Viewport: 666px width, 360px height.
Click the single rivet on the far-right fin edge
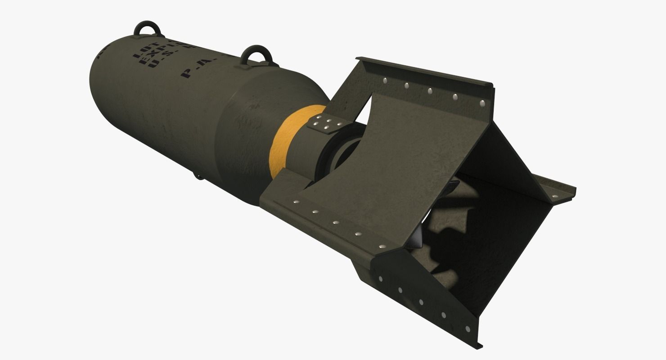coord(553,197)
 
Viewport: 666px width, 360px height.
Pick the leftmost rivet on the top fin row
coord(386,81)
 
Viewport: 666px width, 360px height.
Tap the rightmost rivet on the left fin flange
coord(382,246)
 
